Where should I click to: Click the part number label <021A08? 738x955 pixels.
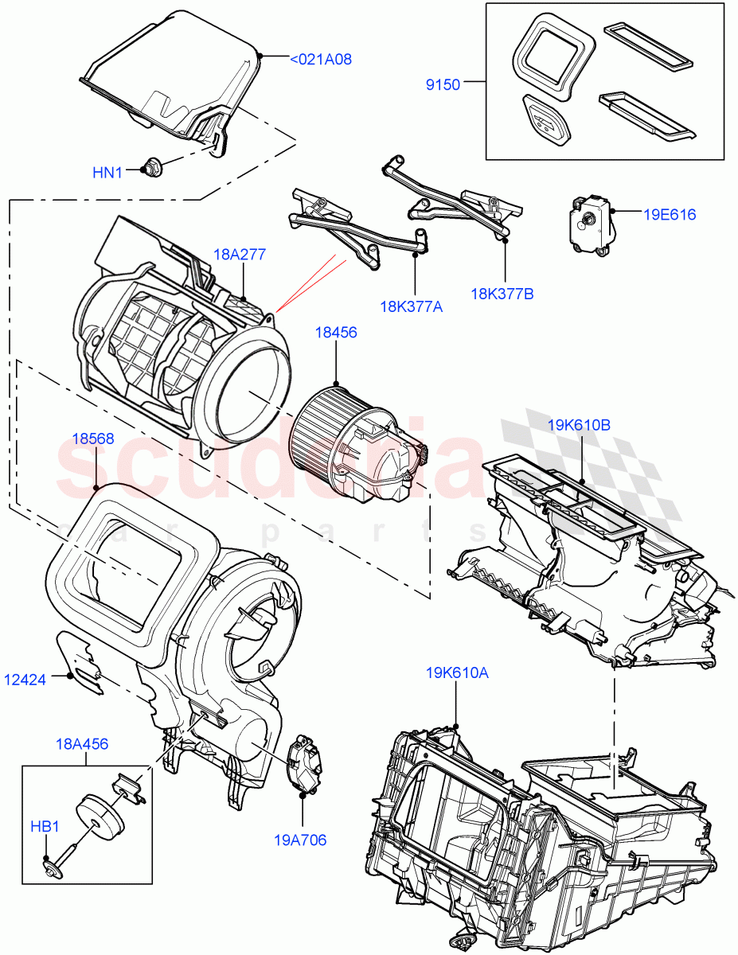[320, 59]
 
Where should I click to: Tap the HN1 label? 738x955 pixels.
[108, 172]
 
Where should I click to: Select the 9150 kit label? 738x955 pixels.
[443, 84]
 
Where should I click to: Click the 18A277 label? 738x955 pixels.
[239, 255]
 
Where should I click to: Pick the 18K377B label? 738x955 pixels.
[502, 294]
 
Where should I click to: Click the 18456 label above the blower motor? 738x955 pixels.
[336, 333]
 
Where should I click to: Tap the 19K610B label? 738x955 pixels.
[579, 425]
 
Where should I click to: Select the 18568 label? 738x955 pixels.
[92, 438]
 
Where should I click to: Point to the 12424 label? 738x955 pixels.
[26, 679]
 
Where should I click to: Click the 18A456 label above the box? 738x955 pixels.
[82, 744]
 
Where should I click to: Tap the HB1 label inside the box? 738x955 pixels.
[45, 827]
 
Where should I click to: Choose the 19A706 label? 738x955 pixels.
[300, 840]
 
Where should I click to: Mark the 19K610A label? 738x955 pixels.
[457, 672]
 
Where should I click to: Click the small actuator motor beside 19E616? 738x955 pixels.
[590, 225]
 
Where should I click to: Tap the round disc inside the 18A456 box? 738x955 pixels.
[100, 816]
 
